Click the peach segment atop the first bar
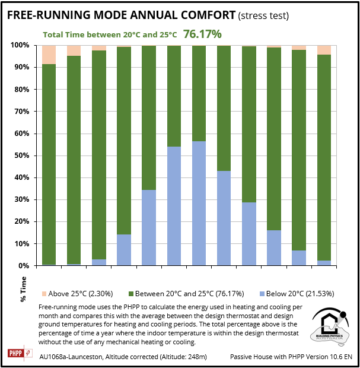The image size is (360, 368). click(x=49, y=55)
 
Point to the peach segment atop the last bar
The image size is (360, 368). click(x=324, y=50)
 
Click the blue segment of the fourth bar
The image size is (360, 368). click(x=123, y=250)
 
